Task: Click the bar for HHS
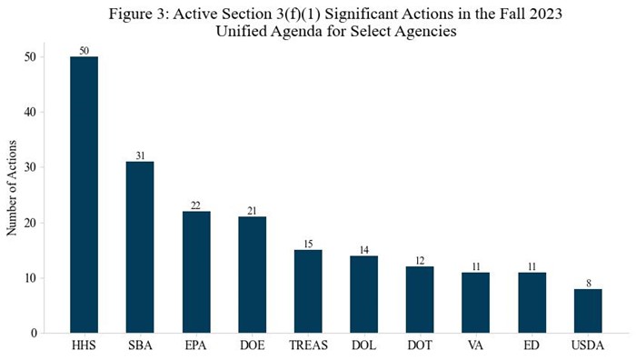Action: (x=84, y=195)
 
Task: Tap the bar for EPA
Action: (x=196, y=272)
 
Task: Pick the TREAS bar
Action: (x=308, y=291)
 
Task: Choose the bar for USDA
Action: (x=588, y=311)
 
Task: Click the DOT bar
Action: (x=420, y=299)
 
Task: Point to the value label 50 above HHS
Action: (x=84, y=51)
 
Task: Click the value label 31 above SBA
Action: (x=140, y=155)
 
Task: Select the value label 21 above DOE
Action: (x=252, y=211)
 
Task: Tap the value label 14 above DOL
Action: (x=363, y=249)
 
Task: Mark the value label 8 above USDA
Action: (x=588, y=283)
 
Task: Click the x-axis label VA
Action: (x=476, y=347)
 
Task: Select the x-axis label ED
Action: (x=532, y=347)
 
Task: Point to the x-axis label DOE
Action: (x=252, y=347)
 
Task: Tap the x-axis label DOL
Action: (x=363, y=347)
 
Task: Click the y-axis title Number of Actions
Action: (x=12, y=188)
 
